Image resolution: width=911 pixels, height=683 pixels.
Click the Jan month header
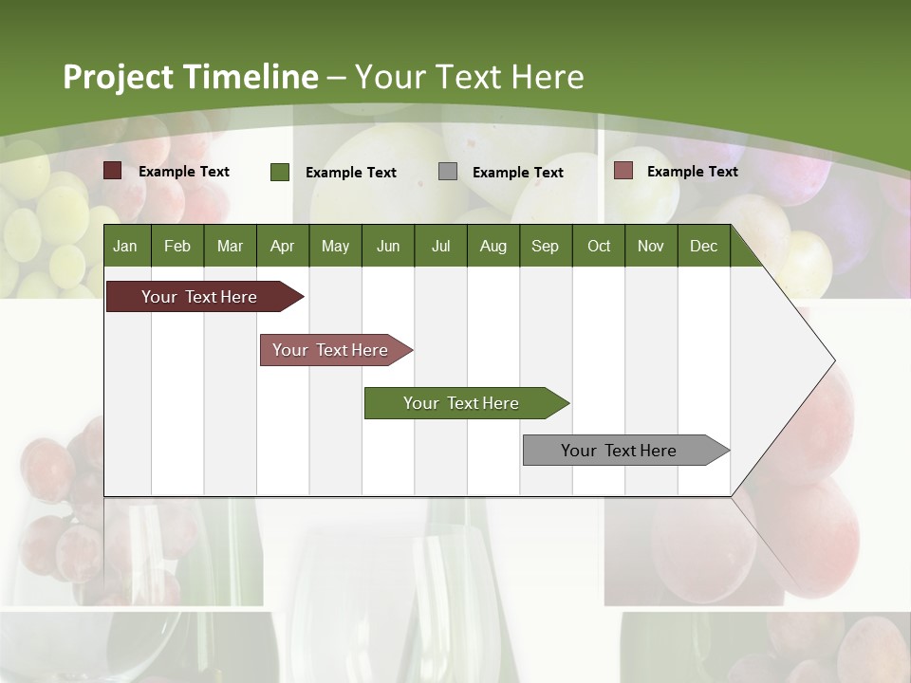point(125,247)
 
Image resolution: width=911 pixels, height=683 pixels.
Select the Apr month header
point(282,247)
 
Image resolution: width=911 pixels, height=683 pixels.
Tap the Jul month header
point(440,247)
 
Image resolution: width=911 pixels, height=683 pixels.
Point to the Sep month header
point(545,247)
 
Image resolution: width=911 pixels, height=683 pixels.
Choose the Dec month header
point(703,247)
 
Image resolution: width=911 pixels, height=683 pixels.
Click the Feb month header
point(177,247)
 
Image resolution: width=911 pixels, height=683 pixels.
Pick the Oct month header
point(599,247)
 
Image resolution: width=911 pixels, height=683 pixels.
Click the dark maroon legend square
point(113,171)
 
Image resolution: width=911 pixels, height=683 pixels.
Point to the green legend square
point(280,172)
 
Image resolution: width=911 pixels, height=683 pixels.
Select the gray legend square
point(448,172)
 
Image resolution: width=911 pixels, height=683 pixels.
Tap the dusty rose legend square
point(623,171)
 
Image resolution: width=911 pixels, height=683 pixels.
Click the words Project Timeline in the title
point(190,77)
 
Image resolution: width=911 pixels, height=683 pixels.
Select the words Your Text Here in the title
point(469,77)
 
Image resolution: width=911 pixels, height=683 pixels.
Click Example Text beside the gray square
point(517,173)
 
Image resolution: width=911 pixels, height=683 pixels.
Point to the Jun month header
point(388,247)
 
